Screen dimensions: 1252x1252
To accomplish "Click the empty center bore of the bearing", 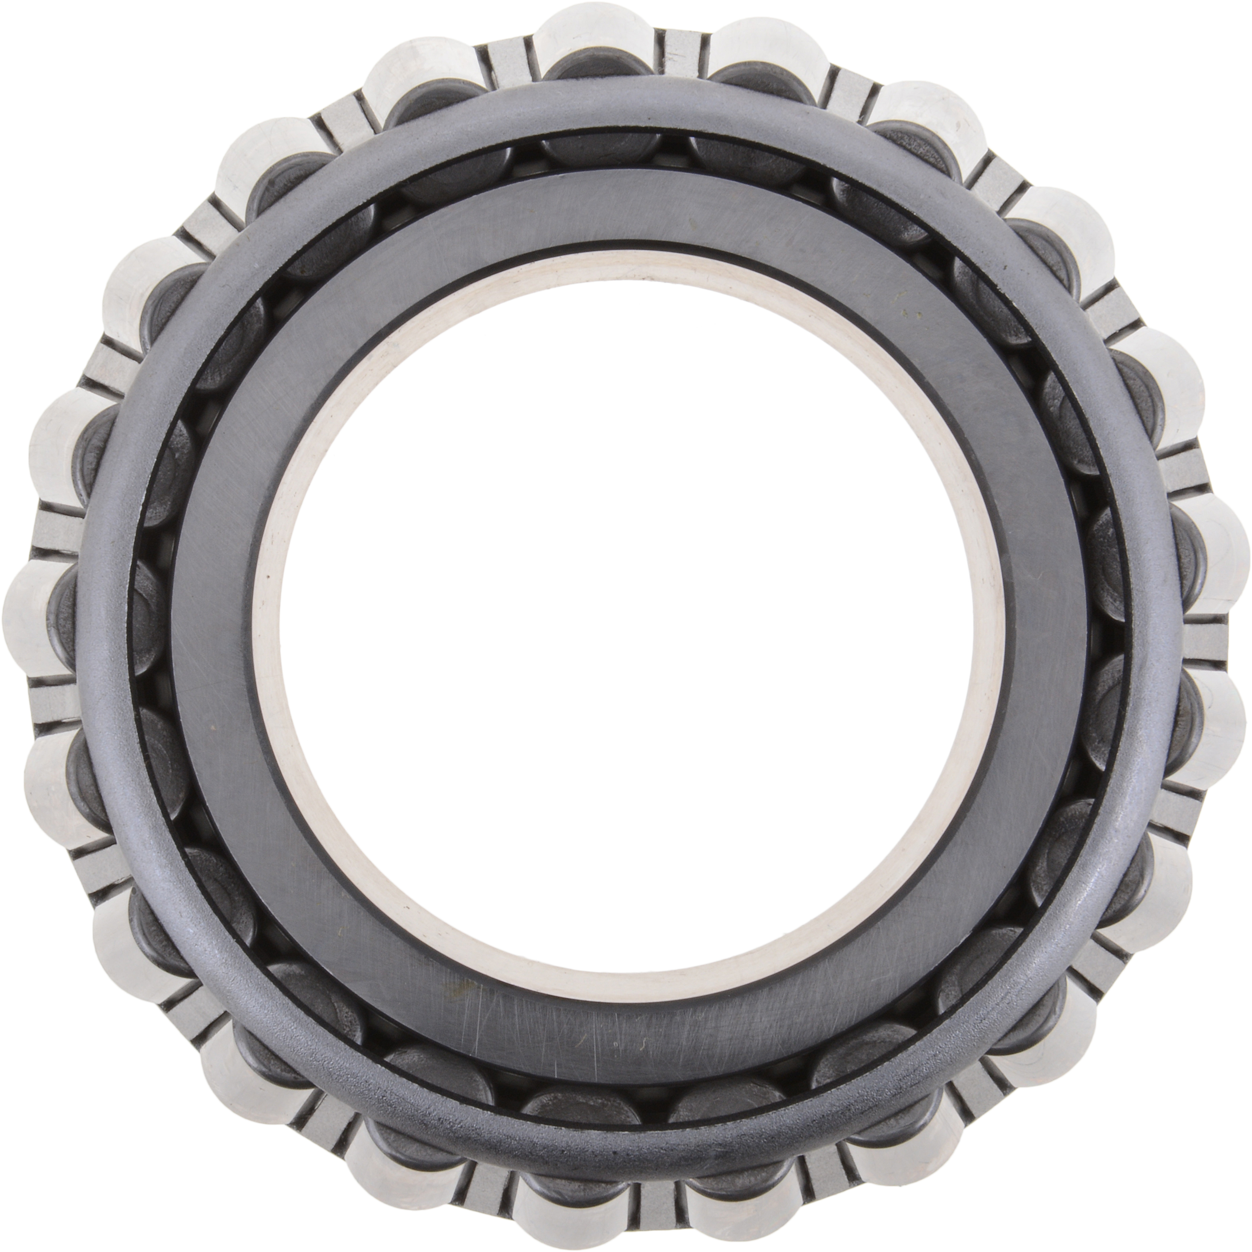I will tap(626, 622).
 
